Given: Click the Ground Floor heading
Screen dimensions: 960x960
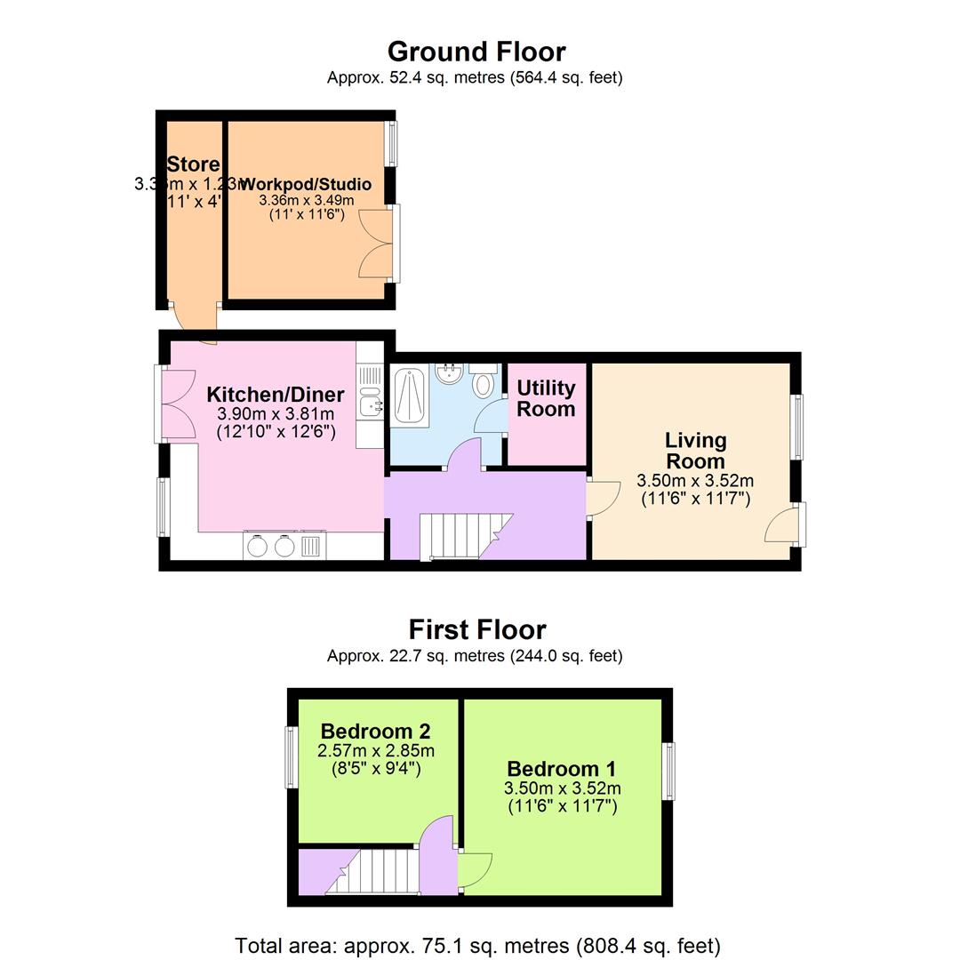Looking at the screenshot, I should (x=476, y=52).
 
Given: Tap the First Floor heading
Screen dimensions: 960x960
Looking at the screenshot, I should (x=476, y=629).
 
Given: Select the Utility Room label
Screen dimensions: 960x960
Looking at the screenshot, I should (x=546, y=398).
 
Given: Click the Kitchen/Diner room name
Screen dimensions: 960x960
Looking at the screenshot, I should (x=276, y=395).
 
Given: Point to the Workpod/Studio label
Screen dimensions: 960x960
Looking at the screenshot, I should (x=307, y=184).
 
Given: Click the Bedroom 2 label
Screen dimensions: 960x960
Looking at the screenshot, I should (x=375, y=731).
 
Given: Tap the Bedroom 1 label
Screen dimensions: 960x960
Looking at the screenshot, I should (x=561, y=769).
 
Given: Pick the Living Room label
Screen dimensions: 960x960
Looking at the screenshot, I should (x=695, y=451).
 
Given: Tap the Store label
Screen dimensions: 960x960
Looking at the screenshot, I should (x=193, y=164).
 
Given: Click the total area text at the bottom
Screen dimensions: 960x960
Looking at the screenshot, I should (x=477, y=946).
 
